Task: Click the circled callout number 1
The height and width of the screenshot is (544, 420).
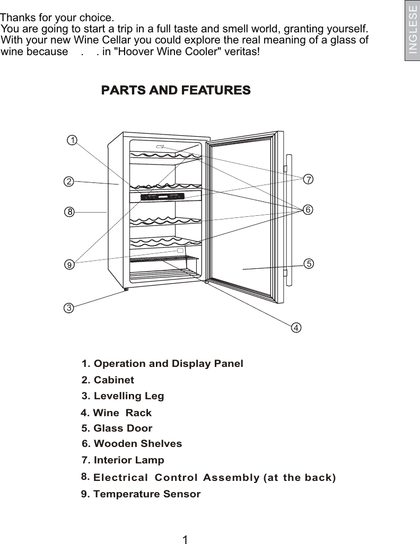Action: click(72, 140)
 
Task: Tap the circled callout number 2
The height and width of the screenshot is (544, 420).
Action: click(68, 181)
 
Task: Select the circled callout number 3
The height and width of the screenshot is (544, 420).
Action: click(68, 308)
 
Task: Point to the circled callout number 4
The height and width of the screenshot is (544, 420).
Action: click(296, 327)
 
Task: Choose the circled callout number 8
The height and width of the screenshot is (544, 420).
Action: click(68, 212)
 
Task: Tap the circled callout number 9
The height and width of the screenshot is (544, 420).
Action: click(68, 262)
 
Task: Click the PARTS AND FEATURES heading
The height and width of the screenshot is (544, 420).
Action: click(176, 90)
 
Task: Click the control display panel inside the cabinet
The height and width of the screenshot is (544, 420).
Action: click(157, 197)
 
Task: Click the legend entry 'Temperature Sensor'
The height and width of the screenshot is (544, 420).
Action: click(141, 494)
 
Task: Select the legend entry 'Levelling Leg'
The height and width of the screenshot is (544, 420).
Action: click(123, 396)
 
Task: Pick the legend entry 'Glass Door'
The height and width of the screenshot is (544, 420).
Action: click(117, 428)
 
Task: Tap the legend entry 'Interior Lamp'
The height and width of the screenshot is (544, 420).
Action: click(123, 460)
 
